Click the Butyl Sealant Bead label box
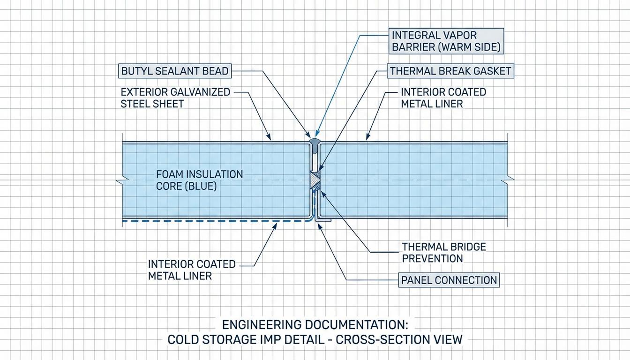pyautogui.click(x=174, y=71)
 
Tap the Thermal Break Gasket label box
pyautogui.click(x=450, y=71)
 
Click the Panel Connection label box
pyautogui.click(x=449, y=280)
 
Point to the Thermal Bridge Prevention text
pyautogui.click(x=444, y=252)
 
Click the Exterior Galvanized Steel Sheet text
pyautogui.click(x=175, y=97)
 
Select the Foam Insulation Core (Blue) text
pyautogui.click(x=199, y=180)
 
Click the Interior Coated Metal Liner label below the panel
pyautogui.click(x=192, y=270)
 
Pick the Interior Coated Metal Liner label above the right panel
pyautogui.click(x=443, y=97)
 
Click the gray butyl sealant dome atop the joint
pyautogui.click(x=314, y=141)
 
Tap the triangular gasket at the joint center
pyautogui.click(x=315, y=180)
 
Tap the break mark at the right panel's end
pyautogui.click(x=510, y=180)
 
